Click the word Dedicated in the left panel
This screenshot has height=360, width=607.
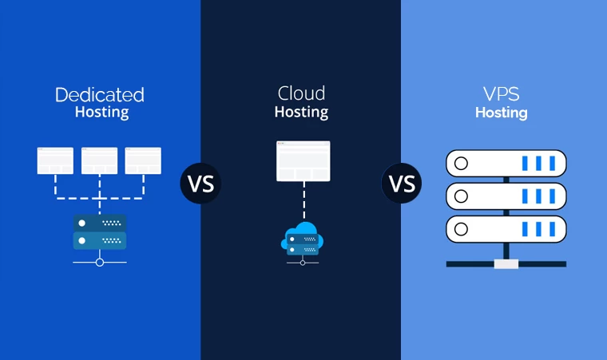100,95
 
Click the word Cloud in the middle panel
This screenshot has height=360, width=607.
301,93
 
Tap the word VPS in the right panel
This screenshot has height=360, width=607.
501,93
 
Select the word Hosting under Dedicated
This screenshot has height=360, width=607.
101,113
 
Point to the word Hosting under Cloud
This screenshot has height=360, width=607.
301,112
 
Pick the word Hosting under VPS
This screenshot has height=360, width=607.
501,113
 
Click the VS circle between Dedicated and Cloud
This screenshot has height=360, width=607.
200,183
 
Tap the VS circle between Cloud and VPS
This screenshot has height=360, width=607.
402,183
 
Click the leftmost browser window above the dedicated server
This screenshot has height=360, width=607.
55,160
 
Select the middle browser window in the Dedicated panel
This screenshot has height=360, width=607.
99,160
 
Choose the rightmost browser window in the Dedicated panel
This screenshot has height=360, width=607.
143,160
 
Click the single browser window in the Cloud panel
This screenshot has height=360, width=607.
303,160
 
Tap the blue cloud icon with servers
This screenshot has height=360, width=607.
302,239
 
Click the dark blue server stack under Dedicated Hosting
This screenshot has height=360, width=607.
99,231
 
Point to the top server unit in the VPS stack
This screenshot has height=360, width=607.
505,164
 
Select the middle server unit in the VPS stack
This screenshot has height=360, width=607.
505,196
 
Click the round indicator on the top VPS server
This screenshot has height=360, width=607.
461,164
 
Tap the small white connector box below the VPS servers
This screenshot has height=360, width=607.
506,263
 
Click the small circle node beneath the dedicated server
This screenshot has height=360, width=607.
99,262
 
